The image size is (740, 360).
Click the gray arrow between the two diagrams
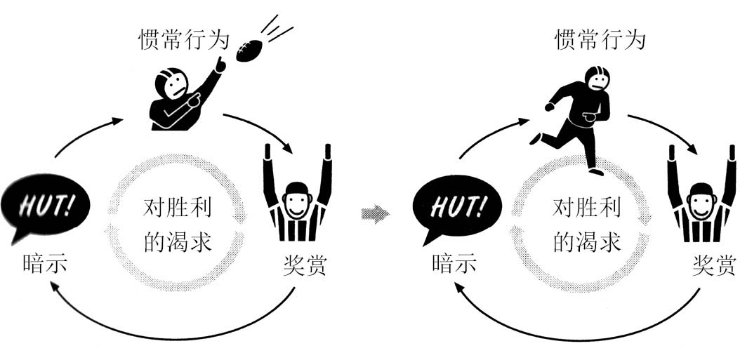(374, 213)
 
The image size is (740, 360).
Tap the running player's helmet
(597, 79)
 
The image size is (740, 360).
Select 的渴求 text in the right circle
(588, 242)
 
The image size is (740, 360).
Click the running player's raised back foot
(536, 138)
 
